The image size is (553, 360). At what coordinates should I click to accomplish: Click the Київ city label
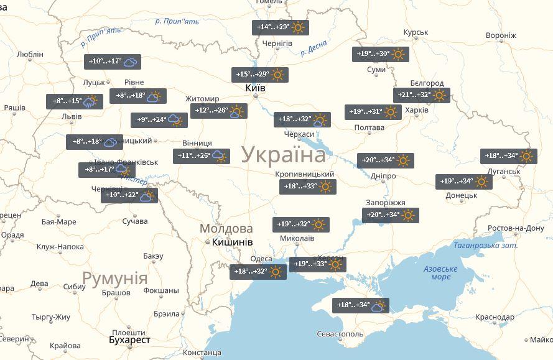coord(256,88)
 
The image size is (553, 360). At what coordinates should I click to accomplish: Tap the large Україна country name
coord(283,155)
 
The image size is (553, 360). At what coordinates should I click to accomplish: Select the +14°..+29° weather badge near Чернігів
coord(280,27)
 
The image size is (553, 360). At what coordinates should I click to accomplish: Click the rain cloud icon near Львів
coord(91,101)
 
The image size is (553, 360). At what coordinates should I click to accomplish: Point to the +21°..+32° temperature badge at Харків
coord(421,95)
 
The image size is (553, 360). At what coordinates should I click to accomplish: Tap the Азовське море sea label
coord(440,272)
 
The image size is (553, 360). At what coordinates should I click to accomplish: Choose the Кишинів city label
coord(232,242)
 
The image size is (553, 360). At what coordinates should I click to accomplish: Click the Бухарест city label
coord(129,340)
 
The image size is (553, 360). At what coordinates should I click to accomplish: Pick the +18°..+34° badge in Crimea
coord(360,305)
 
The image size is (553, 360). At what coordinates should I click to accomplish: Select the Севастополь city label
coord(340,334)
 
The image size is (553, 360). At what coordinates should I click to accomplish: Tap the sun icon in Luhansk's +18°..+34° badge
coord(526,155)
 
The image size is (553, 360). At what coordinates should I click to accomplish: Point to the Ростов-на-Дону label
coord(516,228)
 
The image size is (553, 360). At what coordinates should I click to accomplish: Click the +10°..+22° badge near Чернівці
coord(129,196)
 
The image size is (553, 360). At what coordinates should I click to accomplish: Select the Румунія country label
coord(115,277)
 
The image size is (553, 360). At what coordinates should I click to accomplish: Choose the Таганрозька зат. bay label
coord(485,246)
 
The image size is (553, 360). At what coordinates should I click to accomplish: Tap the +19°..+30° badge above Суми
coord(380,54)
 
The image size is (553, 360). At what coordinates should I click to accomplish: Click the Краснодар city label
coord(495,317)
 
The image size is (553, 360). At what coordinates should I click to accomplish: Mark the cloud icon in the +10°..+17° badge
coord(131,62)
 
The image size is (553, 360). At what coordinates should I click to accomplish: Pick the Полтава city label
coord(369,128)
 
